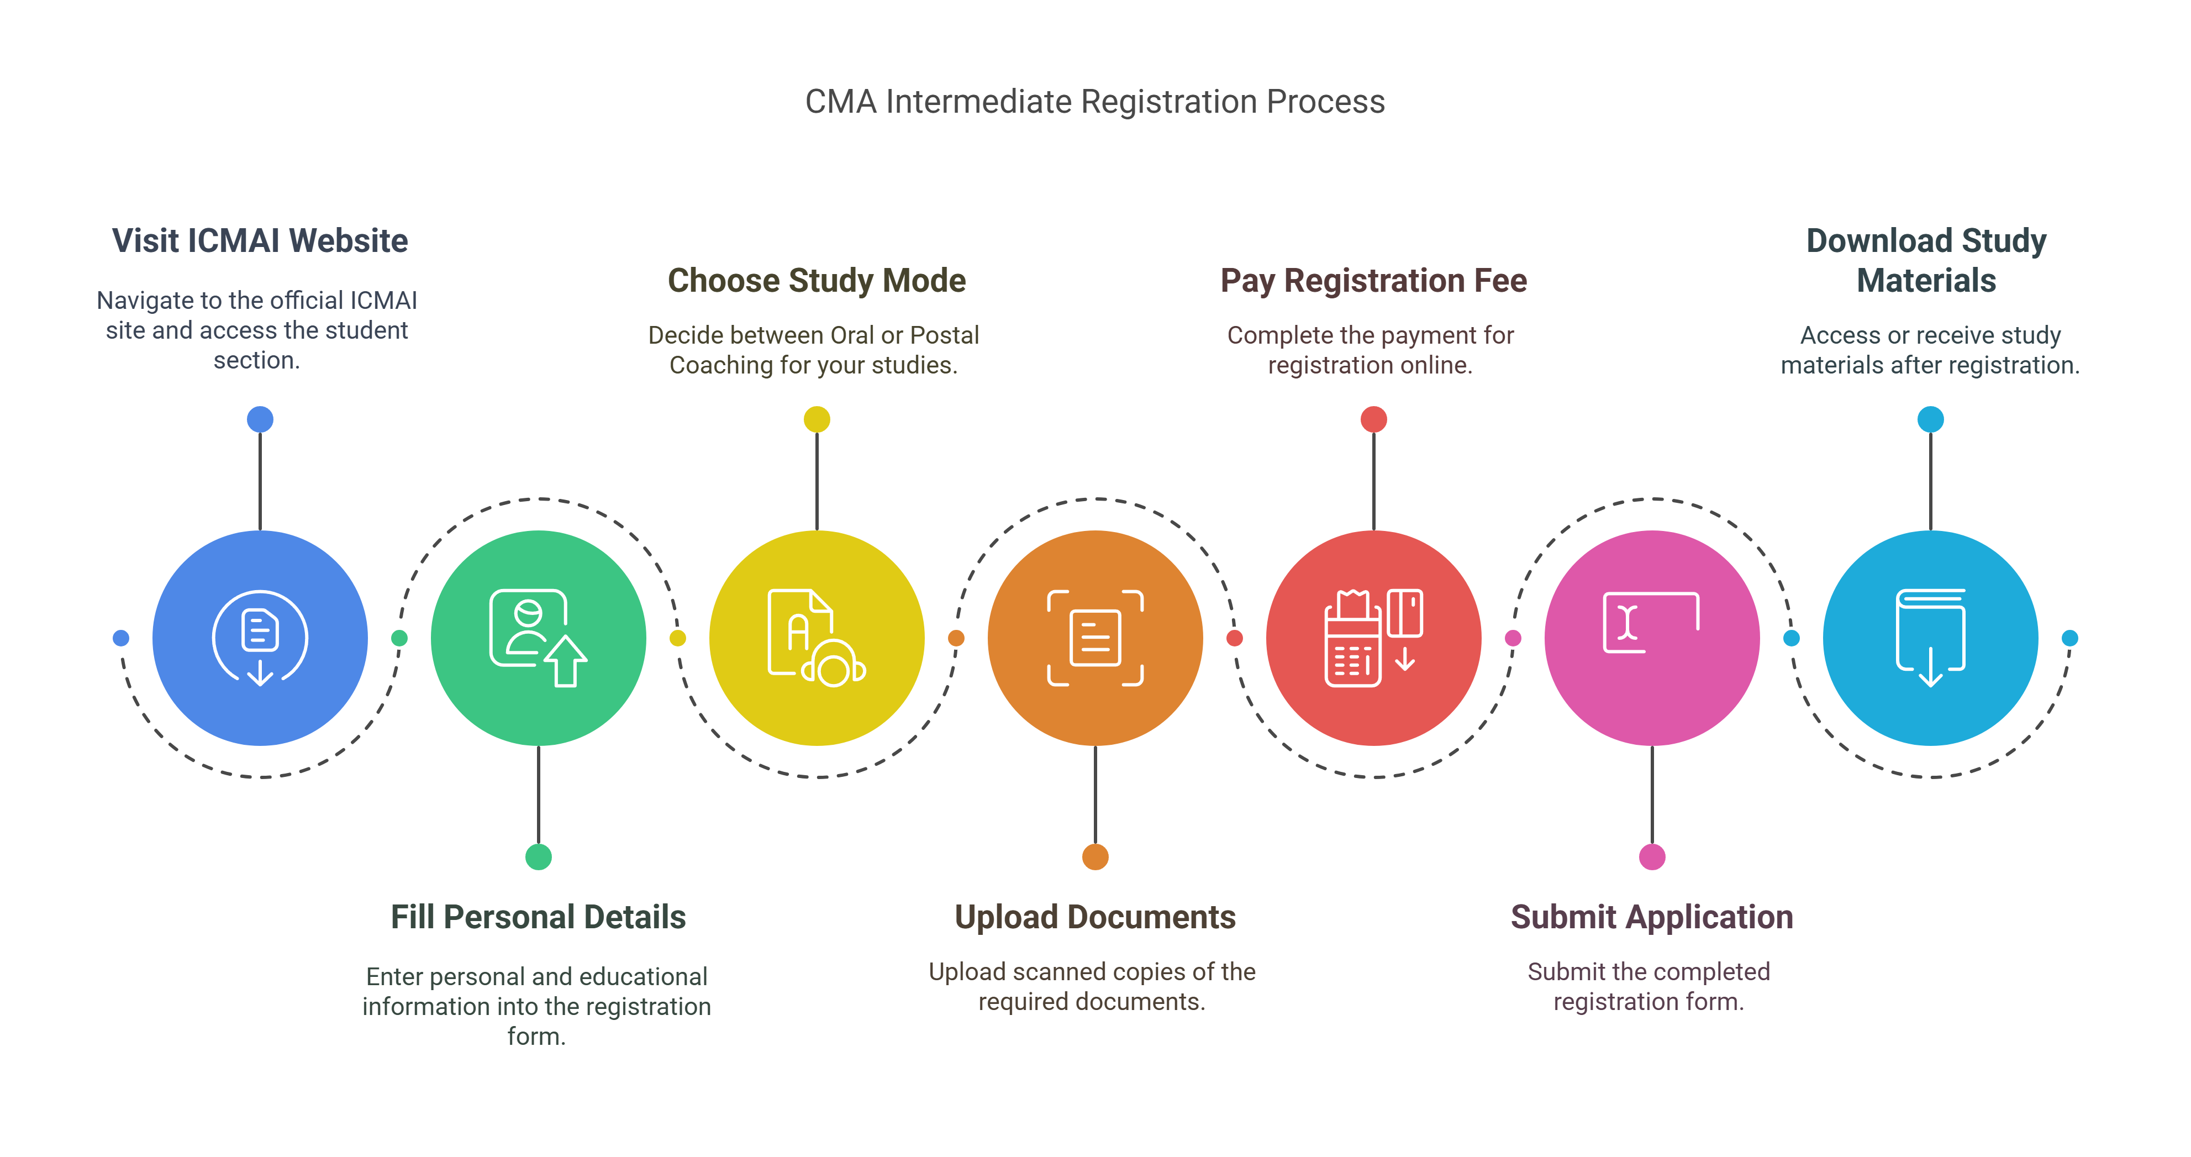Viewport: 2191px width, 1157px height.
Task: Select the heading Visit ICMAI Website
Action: pyautogui.click(x=260, y=241)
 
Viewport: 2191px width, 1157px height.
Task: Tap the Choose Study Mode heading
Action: pyautogui.click(x=817, y=281)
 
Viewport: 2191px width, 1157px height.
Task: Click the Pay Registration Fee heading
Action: pyautogui.click(x=1373, y=281)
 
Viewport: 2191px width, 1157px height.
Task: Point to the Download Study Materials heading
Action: pyautogui.click(x=1926, y=260)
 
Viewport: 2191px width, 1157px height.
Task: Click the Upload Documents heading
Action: pyautogui.click(x=1094, y=917)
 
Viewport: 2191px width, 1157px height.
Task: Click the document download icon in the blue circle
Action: pyautogui.click(x=260, y=638)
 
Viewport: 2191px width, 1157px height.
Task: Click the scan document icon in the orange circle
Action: pyautogui.click(x=1095, y=638)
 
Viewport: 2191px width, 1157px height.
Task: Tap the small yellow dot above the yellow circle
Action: pyautogui.click(x=817, y=419)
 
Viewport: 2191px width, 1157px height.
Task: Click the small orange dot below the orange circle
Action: pyautogui.click(x=1095, y=856)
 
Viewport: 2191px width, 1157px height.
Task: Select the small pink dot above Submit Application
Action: pyautogui.click(x=1652, y=856)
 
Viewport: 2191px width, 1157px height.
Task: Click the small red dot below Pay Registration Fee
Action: pyautogui.click(x=1373, y=419)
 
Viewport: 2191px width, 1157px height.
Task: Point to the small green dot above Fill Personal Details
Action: pyautogui.click(x=539, y=856)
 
